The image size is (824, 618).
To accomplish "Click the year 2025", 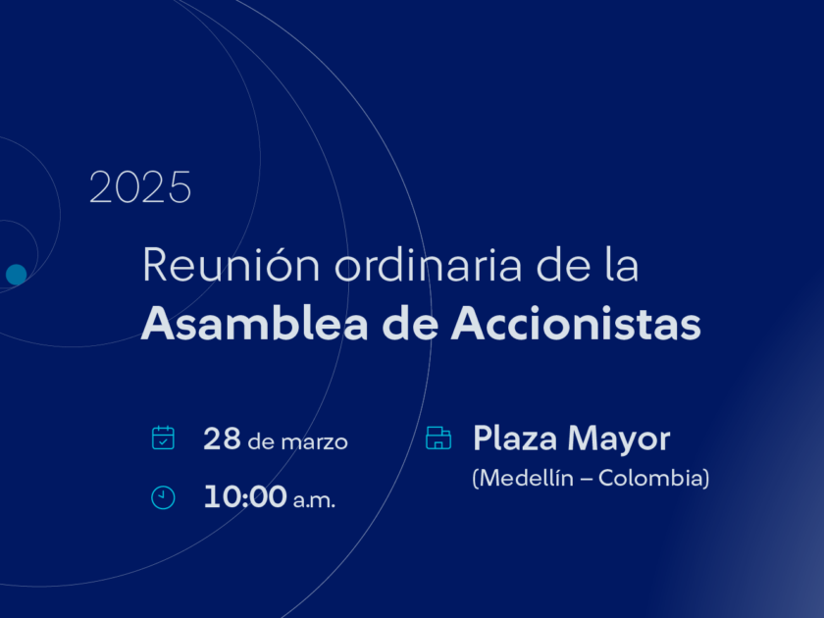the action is pyautogui.click(x=140, y=187).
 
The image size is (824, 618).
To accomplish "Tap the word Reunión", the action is pyautogui.click(x=232, y=265).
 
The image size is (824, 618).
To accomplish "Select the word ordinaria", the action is pyautogui.click(x=429, y=265).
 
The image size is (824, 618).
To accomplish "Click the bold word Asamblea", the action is pyautogui.click(x=255, y=324).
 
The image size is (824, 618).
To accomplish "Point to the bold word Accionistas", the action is pyautogui.click(x=576, y=324).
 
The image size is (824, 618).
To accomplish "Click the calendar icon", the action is pyautogui.click(x=163, y=438).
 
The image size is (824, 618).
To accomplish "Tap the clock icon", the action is pyautogui.click(x=163, y=497).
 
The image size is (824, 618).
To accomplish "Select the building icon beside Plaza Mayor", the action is pyautogui.click(x=438, y=438).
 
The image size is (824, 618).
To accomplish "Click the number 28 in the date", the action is pyautogui.click(x=222, y=438).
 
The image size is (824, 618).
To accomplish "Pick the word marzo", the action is pyautogui.click(x=314, y=442).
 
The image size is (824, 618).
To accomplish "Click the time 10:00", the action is pyautogui.click(x=245, y=496).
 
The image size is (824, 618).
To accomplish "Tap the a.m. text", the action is pyautogui.click(x=314, y=500).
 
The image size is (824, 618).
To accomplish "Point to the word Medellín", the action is pyautogui.click(x=527, y=479).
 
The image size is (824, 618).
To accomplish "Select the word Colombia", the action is pyautogui.click(x=650, y=479).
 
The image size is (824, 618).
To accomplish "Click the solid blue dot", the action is pyautogui.click(x=17, y=275).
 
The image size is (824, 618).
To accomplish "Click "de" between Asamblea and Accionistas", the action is pyautogui.click(x=410, y=324).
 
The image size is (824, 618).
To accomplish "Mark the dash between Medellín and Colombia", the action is pyautogui.click(x=586, y=480).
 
